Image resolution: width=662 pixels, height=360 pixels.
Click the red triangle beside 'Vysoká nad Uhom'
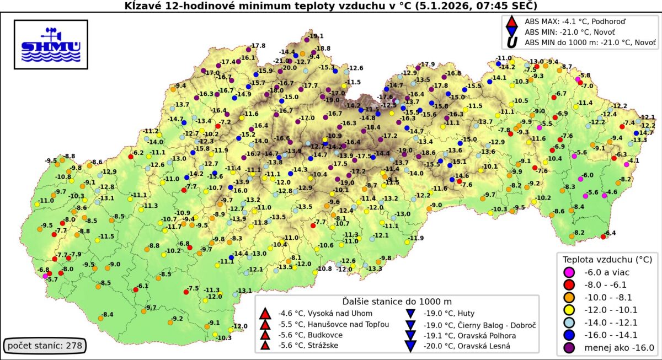(x=265, y=313)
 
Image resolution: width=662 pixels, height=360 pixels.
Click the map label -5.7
(x=52, y=280)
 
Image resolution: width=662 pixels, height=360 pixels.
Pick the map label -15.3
(x=328, y=67)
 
